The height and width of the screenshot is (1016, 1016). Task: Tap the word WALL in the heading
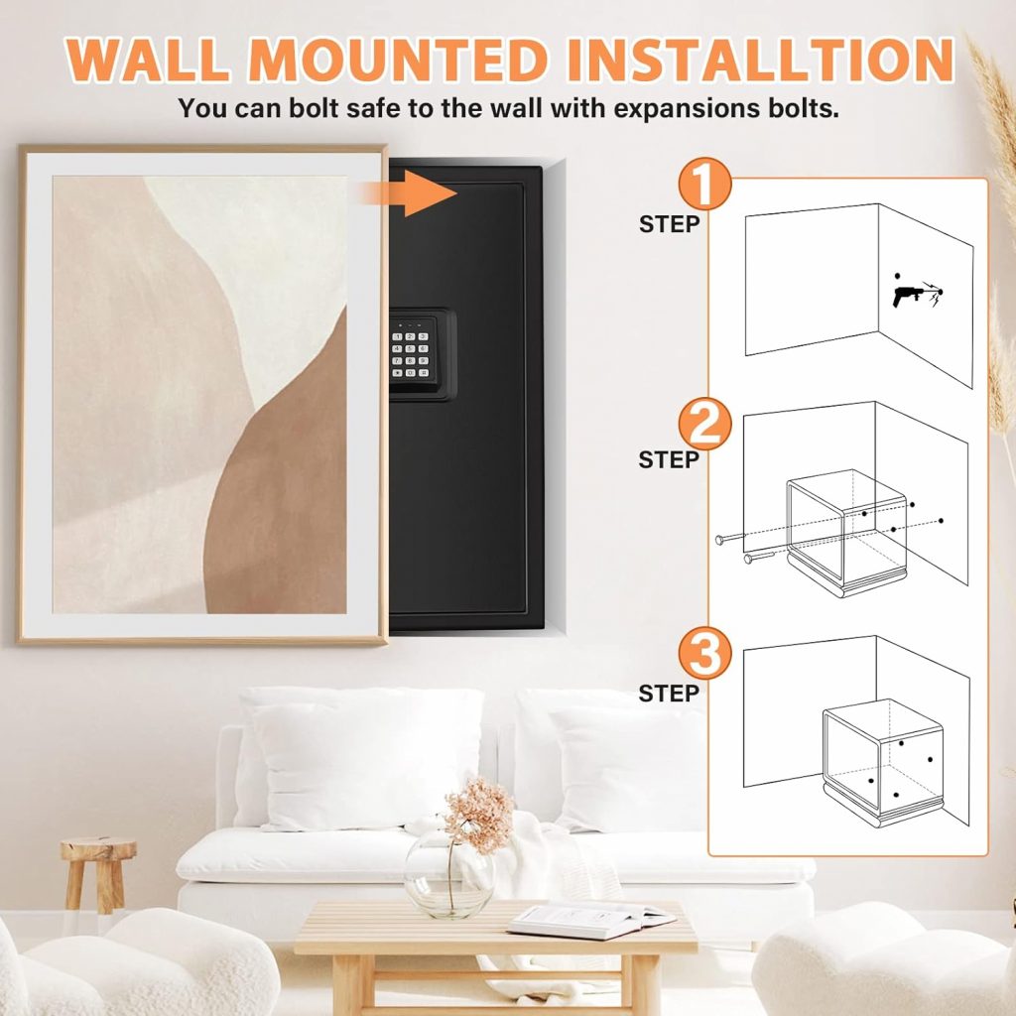(x=147, y=60)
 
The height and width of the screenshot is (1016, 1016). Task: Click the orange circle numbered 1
(x=705, y=184)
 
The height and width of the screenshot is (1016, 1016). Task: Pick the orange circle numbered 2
(x=705, y=425)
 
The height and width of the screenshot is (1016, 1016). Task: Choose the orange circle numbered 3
(x=705, y=653)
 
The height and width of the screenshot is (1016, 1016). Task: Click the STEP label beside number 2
(x=670, y=459)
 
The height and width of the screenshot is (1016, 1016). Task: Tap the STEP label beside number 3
(x=670, y=694)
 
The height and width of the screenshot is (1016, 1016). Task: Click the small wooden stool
(x=98, y=875)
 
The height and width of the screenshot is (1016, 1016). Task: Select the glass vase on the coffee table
(x=448, y=874)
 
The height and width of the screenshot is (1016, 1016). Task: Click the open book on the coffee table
(x=590, y=921)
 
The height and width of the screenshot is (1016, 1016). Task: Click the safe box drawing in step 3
(x=883, y=763)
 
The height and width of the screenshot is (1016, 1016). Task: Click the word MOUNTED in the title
(x=398, y=60)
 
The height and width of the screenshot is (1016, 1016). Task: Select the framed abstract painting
(x=202, y=394)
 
